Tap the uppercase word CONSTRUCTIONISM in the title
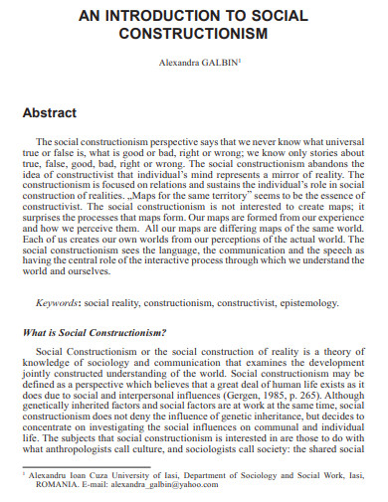click(194, 35)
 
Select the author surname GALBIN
click(218, 63)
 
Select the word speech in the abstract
click(317, 253)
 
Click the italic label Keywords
click(60, 301)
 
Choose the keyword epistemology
click(310, 301)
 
